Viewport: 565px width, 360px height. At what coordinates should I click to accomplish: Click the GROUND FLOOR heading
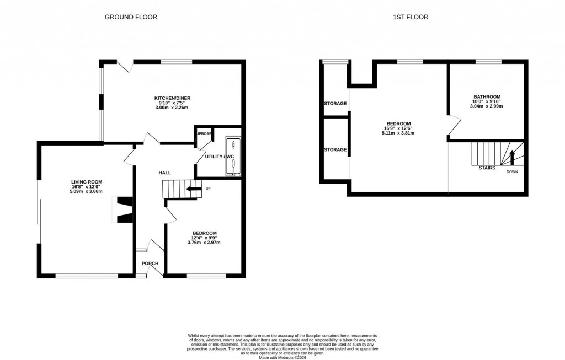[131, 17]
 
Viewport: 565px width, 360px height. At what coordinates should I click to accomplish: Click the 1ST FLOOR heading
[410, 17]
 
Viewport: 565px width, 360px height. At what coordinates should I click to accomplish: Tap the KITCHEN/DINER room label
[172, 98]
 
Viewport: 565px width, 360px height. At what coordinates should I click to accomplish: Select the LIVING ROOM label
[87, 181]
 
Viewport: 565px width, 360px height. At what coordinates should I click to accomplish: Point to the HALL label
[164, 173]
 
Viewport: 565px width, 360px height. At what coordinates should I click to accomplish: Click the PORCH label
[150, 264]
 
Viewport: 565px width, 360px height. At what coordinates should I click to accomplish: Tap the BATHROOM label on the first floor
[487, 96]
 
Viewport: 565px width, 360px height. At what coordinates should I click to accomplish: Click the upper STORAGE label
[335, 104]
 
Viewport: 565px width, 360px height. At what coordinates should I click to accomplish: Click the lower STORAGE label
[335, 149]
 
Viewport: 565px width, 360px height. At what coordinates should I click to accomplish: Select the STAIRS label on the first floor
[487, 167]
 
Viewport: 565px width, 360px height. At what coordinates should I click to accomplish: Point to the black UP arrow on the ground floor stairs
[194, 190]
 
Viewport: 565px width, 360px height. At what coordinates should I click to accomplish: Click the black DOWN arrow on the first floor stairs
[512, 157]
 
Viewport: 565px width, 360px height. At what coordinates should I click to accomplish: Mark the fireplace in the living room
[122, 210]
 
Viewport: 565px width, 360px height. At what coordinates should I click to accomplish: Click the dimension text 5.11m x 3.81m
[398, 133]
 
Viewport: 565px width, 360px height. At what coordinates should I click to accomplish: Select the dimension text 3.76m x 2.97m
[204, 243]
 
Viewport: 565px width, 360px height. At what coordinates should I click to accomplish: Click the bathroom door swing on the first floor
[454, 126]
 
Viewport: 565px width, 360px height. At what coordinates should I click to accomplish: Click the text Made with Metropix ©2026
[282, 357]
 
